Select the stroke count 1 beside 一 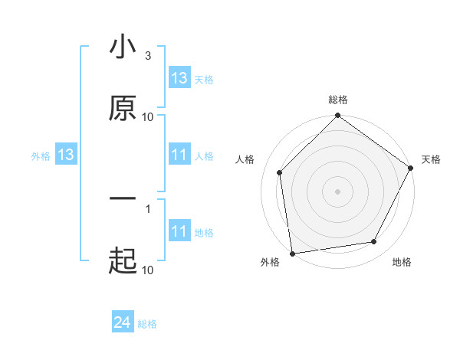pyautogui.click(x=147, y=208)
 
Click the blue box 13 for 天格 pyautogui.click(x=179, y=79)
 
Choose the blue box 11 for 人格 pyautogui.click(x=179, y=155)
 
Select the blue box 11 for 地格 pyautogui.click(x=179, y=232)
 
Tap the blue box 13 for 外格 pyautogui.click(x=66, y=155)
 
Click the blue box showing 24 pyautogui.click(x=123, y=323)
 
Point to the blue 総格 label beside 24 pyautogui.click(x=147, y=324)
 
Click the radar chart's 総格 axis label pyautogui.click(x=338, y=100)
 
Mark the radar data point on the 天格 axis pyautogui.click(x=410, y=168)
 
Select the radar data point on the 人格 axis pyautogui.click(x=280, y=172)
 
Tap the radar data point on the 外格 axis pyautogui.click(x=292, y=253)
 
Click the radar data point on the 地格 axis pyautogui.click(x=374, y=241)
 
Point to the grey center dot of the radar pyautogui.click(x=338, y=191)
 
